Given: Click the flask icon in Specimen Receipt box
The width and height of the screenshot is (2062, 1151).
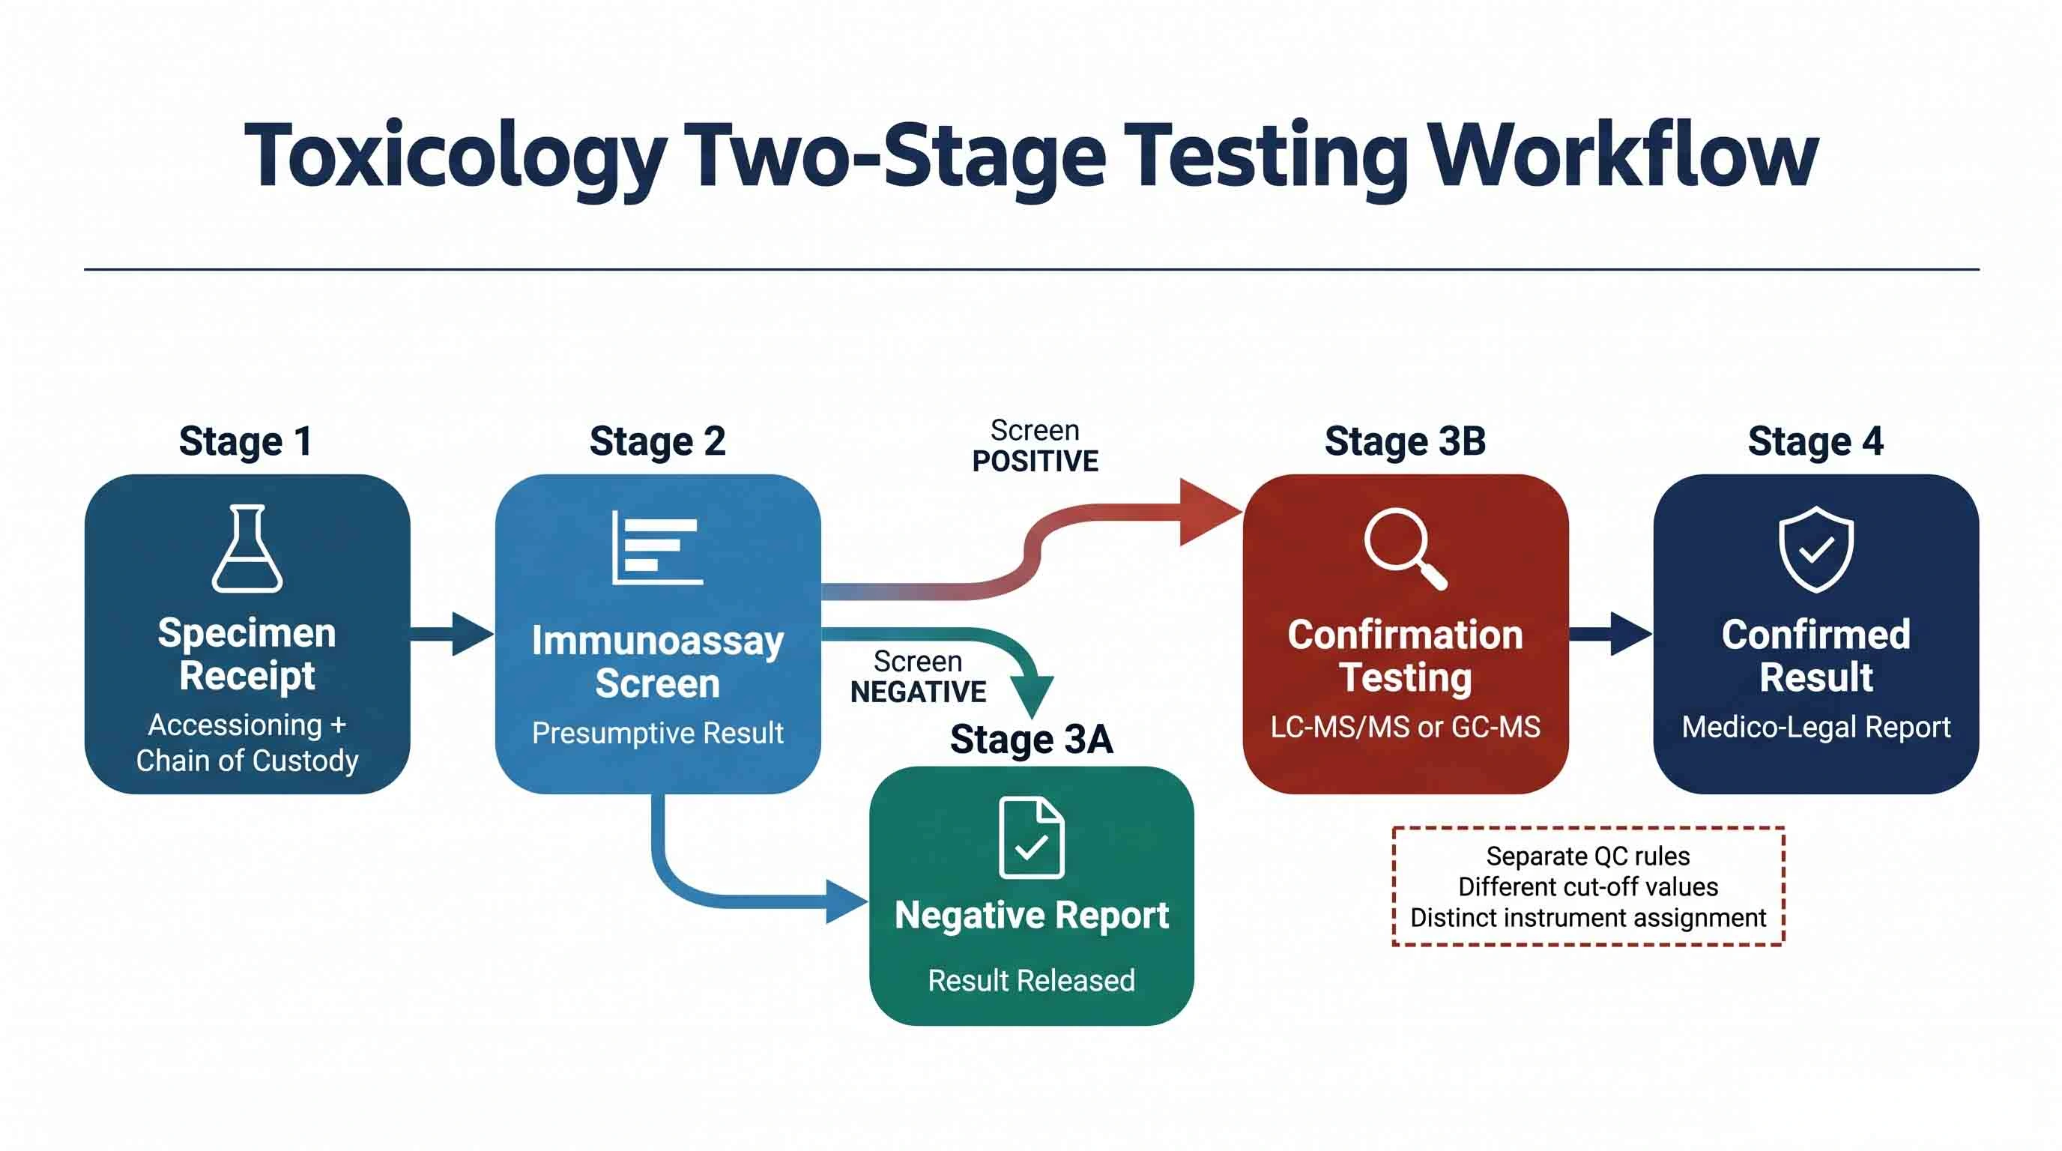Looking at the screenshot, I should coord(247,549).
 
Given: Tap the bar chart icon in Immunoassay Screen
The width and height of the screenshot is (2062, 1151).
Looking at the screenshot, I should coord(656,549).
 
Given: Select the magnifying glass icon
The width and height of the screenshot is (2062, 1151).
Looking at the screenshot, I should coord(1405,549).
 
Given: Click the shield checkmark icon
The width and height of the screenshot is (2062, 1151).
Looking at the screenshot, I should coord(1815,549).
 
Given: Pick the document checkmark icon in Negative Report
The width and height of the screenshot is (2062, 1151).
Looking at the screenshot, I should coord(1031,837).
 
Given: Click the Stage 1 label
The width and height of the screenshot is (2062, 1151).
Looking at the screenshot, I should coord(245,441).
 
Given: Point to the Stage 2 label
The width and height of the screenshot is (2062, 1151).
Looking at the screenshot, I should coord(657,441).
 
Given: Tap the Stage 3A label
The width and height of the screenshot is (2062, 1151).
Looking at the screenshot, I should coord(1031,739).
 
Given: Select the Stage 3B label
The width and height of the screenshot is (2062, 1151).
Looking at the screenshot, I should coord(1405,441).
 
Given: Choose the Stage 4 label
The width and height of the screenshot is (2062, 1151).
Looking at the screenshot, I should coord(1815,441).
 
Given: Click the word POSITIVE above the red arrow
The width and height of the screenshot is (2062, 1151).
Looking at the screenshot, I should coord(1035,461).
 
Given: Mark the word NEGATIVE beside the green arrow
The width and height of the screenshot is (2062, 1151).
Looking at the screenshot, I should coord(918,692).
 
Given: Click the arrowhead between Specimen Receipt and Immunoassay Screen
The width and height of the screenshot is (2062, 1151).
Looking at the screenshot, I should coord(471,634).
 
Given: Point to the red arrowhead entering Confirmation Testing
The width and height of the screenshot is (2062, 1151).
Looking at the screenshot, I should coord(1209,513).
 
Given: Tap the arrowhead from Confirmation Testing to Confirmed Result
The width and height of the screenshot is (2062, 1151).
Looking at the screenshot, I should coord(1629,634).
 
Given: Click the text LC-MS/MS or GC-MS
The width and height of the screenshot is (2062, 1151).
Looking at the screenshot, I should coord(1405,727).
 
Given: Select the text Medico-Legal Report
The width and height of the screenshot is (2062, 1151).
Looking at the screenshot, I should coord(1815,727).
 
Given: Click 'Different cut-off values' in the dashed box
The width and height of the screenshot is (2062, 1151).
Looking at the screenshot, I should coord(1588,887).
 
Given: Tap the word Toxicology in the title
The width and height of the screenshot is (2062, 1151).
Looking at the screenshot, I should coord(456,156).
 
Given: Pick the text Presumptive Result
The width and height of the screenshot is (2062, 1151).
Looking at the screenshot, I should coord(657,733).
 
